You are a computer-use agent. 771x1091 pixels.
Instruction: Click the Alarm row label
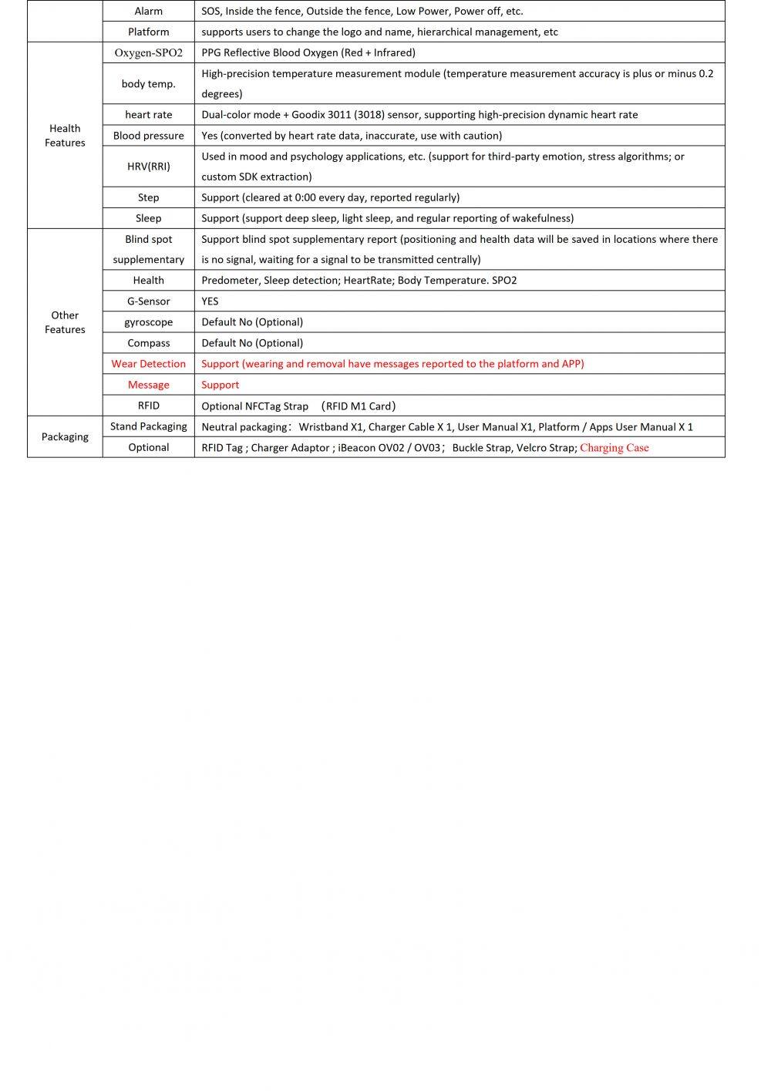[148, 11]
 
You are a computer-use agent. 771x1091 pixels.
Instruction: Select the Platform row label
[148, 32]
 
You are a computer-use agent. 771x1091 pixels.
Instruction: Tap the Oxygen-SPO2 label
[148, 52]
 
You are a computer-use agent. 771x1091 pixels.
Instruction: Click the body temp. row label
[148, 83]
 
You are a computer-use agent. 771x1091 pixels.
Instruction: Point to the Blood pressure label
[148, 136]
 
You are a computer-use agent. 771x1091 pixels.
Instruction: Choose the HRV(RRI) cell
[148, 166]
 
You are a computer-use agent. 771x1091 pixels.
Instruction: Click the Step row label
[148, 197]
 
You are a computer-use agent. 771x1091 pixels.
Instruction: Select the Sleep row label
[148, 218]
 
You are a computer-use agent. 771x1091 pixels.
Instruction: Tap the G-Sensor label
[148, 301]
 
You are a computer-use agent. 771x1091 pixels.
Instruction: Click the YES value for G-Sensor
[210, 301]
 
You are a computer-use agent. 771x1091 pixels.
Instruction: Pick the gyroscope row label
[148, 322]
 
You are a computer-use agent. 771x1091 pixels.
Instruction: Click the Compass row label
[148, 343]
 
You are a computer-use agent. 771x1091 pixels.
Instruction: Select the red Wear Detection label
[148, 364]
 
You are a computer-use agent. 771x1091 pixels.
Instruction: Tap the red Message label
[148, 385]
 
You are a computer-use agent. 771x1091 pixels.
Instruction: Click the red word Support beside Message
[220, 385]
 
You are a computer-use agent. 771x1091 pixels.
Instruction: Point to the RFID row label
[148, 406]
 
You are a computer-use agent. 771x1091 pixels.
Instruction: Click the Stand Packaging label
[148, 426]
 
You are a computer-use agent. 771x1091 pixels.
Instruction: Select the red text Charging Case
[614, 448]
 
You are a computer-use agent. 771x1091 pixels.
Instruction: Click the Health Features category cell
[65, 136]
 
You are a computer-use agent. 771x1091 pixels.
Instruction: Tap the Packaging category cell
[65, 437]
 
